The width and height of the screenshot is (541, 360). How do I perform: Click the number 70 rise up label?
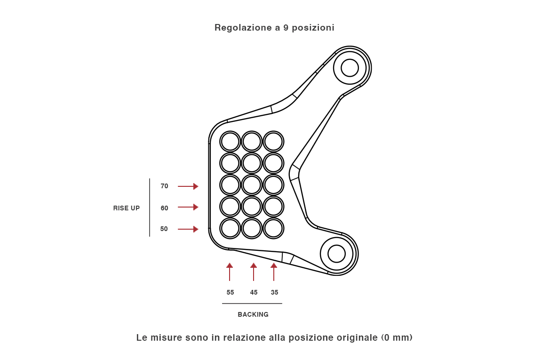164,186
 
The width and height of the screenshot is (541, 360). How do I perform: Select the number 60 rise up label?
164,208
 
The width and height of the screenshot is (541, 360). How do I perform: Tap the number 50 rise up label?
164,229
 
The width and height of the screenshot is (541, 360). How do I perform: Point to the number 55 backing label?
230,292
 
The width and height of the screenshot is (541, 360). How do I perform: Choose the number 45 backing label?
254,292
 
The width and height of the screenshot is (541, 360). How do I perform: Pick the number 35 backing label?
275,292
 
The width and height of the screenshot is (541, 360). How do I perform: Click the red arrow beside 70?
188,186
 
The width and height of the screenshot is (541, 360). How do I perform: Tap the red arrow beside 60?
188,207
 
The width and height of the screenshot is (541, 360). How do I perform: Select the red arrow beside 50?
188,229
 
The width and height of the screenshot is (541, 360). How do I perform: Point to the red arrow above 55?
230,272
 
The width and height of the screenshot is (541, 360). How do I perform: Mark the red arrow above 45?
254,272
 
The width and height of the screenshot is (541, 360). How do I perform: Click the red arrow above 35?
274,272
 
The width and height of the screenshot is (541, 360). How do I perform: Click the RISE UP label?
127,208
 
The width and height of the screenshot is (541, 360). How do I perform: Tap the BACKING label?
253,314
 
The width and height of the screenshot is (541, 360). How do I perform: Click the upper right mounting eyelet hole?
350,68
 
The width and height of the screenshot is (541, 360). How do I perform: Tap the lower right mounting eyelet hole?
336,254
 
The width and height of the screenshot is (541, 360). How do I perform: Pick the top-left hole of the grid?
231,141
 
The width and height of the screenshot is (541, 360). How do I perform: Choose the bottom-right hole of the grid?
273,228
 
